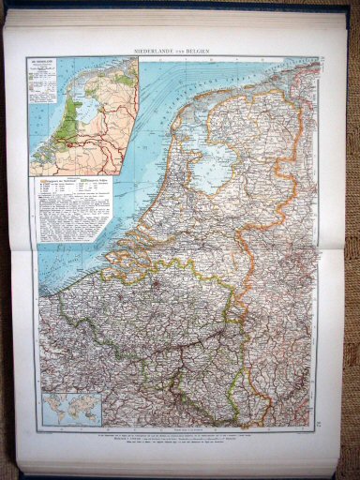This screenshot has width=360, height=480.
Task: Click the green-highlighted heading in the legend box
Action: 104,178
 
